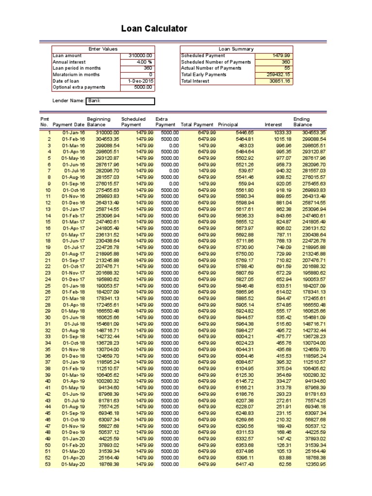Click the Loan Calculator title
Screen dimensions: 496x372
[x=154, y=29]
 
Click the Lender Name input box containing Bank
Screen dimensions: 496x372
[x=120, y=101]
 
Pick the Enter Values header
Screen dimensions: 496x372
[x=103, y=49]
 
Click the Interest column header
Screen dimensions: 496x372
[x=273, y=124]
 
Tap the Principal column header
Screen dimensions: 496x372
[x=228, y=124]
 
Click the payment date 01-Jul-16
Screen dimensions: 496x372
[x=74, y=170]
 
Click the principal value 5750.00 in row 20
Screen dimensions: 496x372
[x=244, y=253]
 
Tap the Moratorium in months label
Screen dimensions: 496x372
[x=76, y=75]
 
